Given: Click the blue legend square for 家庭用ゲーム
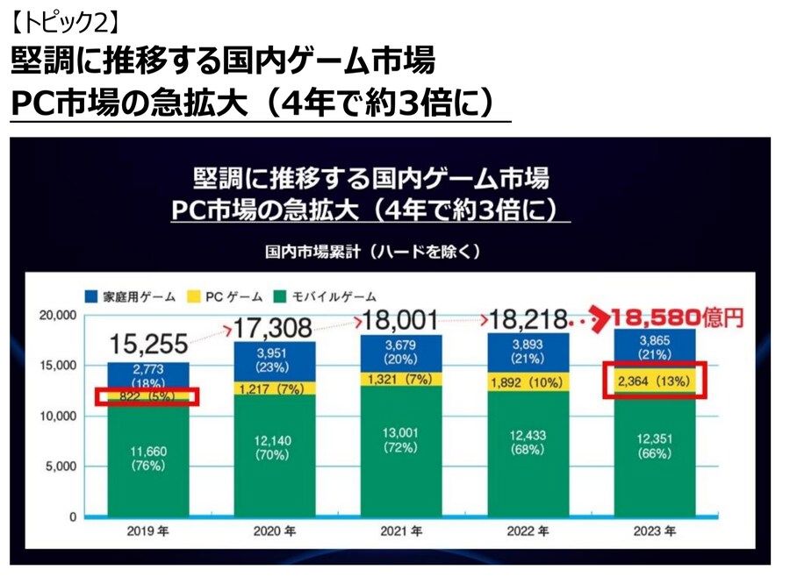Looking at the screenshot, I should tap(91, 296).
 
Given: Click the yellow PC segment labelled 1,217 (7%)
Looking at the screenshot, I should tap(272, 388).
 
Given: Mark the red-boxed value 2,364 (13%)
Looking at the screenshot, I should tap(657, 382).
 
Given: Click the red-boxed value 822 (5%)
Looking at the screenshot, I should tap(147, 396).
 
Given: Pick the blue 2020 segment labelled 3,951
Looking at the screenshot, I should tap(272, 360).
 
